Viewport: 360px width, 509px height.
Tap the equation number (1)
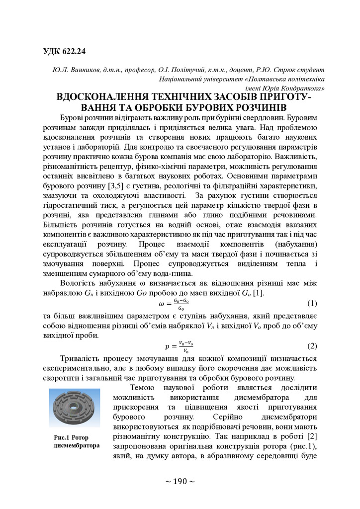click(x=312, y=303)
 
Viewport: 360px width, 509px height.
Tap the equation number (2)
click(x=312, y=345)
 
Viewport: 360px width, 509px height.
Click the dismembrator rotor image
click(x=74, y=408)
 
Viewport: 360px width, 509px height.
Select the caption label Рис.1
click(x=62, y=437)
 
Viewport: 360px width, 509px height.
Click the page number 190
click(x=180, y=481)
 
